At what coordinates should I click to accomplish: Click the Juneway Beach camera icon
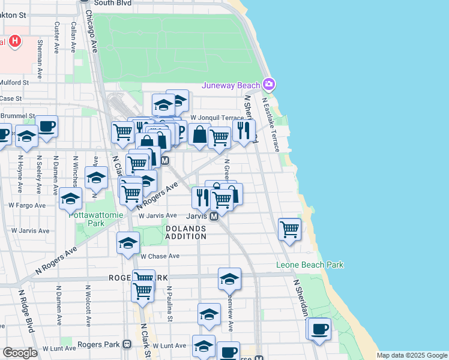(x=269, y=84)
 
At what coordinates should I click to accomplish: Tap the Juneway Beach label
(x=231, y=85)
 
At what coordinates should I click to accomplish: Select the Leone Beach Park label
(x=310, y=265)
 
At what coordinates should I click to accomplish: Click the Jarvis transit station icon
(x=214, y=216)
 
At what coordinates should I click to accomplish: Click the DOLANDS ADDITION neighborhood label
(x=185, y=232)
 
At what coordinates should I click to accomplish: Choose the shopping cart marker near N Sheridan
(x=290, y=229)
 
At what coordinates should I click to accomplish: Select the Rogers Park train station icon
(x=127, y=344)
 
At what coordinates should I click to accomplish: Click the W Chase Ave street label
(x=160, y=256)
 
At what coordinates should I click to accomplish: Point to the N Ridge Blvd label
(x=26, y=313)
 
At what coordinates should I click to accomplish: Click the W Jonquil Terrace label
(x=217, y=118)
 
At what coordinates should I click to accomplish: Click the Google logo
(x=20, y=353)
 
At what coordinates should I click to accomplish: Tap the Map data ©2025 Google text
(x=411, y=355)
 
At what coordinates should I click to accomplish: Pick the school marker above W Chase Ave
(x=128, y=243)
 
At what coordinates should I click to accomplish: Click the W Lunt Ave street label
(x=164, y=346)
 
